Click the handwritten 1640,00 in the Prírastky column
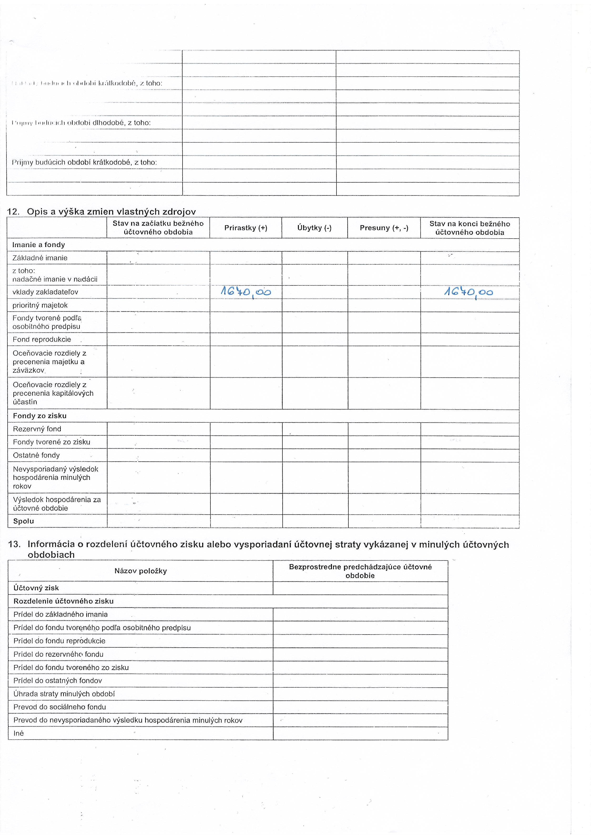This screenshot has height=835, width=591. pyautogui.click(x=246, y=292)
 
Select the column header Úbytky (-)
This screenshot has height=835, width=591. pyautogui.click(x=314, y=228)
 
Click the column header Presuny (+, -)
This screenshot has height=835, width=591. pyautogui.click(x=384, y=228)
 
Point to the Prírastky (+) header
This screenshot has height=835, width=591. pyautogui.click(x=246, y=228)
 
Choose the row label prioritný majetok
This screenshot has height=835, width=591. pyautogui.click(x=40, y=305)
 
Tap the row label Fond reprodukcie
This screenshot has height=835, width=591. pyautogui.click(x=42, y=339)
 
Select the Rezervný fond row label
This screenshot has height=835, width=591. pyautogui.click(x=37, y=429)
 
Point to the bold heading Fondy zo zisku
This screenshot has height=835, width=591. pyautogui.click(x=40, y=416)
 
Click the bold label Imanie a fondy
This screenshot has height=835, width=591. pyautogui.click(x=39, y=245)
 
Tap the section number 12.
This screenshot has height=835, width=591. pyautogui.click(x=13, y=212)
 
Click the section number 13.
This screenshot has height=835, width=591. pyautogui.click(x=14, y=545)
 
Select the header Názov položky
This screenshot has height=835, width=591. pyautogui.click(x=140, y=571)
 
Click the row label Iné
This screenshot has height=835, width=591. pyautogui.click(x=19, y=733)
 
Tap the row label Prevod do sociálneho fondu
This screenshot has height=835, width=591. pyautogui.click(x=60, y=707)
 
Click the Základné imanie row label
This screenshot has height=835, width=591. pyautogui.click(x=40, y=258)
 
